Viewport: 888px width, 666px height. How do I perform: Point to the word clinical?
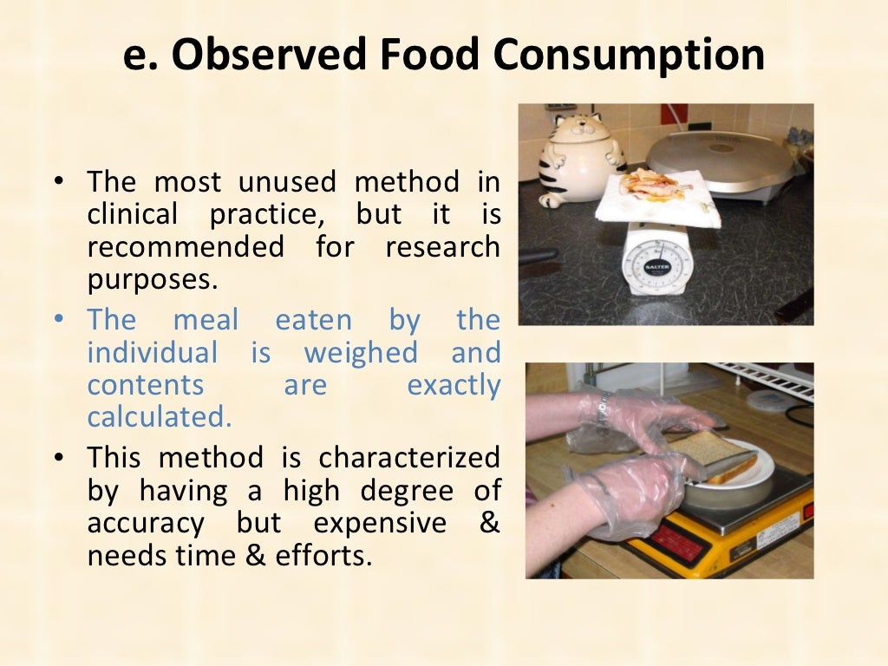point(132,214)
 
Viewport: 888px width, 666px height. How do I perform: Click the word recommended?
point(185,246)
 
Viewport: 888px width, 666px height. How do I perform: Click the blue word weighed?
point(360,353)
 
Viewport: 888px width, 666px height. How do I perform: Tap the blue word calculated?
point(159,417)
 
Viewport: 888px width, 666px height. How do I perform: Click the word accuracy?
point(146,524)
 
